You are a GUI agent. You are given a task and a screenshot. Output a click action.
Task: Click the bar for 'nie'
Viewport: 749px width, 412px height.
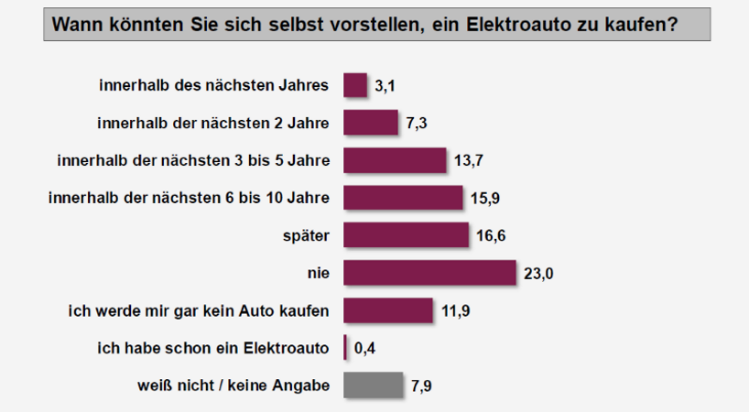(x=429, y=273)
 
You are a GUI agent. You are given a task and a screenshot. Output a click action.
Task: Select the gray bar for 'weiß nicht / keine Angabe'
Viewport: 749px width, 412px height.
(x=373, y=385)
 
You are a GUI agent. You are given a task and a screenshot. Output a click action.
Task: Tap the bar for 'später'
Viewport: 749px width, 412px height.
(x=406, y=235)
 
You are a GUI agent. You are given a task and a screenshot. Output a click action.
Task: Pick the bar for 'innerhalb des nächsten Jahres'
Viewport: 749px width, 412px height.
(x=355, y=86)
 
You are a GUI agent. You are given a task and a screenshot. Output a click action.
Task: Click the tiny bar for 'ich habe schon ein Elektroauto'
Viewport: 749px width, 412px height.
(x=345, y=348)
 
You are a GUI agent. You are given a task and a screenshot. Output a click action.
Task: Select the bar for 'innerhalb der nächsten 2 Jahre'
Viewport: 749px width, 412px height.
(x=371, y=123)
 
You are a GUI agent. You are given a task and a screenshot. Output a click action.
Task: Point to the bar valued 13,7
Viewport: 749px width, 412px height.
(x=395, y=160)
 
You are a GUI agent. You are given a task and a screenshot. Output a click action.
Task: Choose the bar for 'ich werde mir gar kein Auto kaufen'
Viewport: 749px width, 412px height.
(x=387, y=310)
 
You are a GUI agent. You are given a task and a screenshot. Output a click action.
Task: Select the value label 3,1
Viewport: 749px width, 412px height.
(x=385, y=86)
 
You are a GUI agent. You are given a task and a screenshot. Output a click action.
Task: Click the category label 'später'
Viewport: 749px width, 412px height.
(x=308, y=235)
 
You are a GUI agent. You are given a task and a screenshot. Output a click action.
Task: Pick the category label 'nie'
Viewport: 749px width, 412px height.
(x=319, y=273)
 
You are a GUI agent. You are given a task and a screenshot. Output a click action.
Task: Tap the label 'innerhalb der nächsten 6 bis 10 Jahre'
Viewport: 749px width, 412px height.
(x=188, y=198)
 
